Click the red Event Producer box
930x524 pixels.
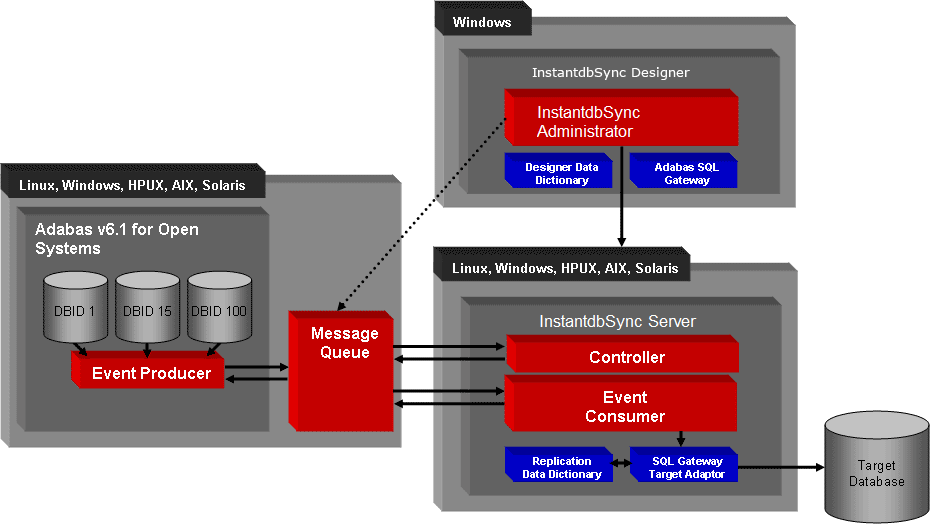coord(150,373)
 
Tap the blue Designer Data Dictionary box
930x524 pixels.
coord(562,173)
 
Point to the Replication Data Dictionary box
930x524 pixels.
coord(562,467)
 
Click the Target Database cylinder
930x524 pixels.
coord(876,473)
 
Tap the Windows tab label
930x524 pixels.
coord(483,22)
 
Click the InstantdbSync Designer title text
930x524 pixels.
coord(610,73)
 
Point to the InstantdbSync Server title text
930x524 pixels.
coord(617,322)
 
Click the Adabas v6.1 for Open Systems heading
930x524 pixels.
coord(116,239)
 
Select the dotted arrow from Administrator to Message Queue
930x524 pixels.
coord(420,215)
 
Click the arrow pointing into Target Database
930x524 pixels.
coord(780,467)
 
